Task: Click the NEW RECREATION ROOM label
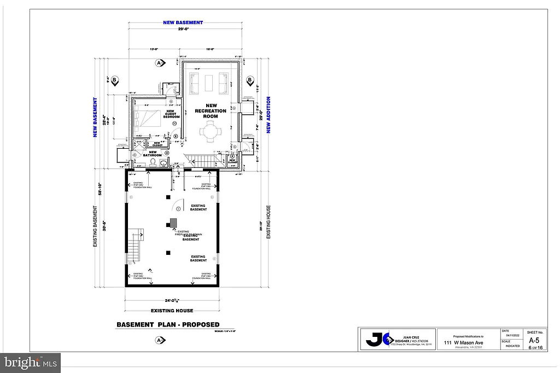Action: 211,111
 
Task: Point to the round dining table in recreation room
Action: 211,132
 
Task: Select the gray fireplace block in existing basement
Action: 173,223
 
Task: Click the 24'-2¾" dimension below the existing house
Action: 171,300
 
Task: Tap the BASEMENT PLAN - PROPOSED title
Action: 168,324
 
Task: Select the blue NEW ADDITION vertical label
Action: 269,115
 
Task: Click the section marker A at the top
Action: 160,63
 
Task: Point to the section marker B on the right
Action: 249,81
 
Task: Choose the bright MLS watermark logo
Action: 30,362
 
